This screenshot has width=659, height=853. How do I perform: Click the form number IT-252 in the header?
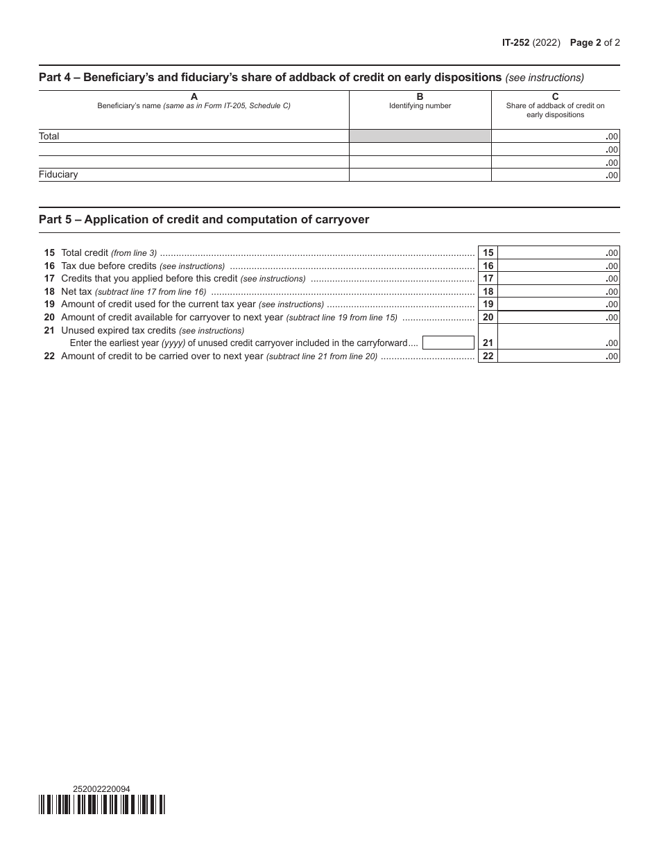click(515, 42)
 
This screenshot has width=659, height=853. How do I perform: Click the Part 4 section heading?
click(270, 77)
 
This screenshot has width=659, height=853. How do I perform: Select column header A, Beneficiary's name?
click(194, 101)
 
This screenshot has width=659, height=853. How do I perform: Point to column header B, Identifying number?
click(420, 101)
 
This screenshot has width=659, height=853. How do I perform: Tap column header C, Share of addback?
click(555, 105)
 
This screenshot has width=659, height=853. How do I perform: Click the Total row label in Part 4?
click(49, 137)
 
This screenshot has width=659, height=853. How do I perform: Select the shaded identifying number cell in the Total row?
click(420, 137)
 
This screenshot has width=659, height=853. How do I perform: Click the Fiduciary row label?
click(58, 175)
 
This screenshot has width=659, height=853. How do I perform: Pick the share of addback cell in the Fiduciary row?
click(555, 175)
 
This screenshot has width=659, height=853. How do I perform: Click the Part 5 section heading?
click(204, 220)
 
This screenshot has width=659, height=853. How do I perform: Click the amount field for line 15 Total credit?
click(558, 253)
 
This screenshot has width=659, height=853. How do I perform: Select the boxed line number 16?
click(488, 266)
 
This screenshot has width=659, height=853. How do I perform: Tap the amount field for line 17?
click(558, 279)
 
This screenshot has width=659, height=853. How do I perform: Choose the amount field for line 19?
click(558, 304)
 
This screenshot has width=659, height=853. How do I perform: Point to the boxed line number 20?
click(488, 318)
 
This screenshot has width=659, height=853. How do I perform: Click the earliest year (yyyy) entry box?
click(448, 343)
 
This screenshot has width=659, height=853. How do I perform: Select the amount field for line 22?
click(558, 356)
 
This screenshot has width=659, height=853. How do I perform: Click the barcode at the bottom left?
click(102, 804)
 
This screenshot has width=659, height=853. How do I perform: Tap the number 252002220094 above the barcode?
click(101, 789)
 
